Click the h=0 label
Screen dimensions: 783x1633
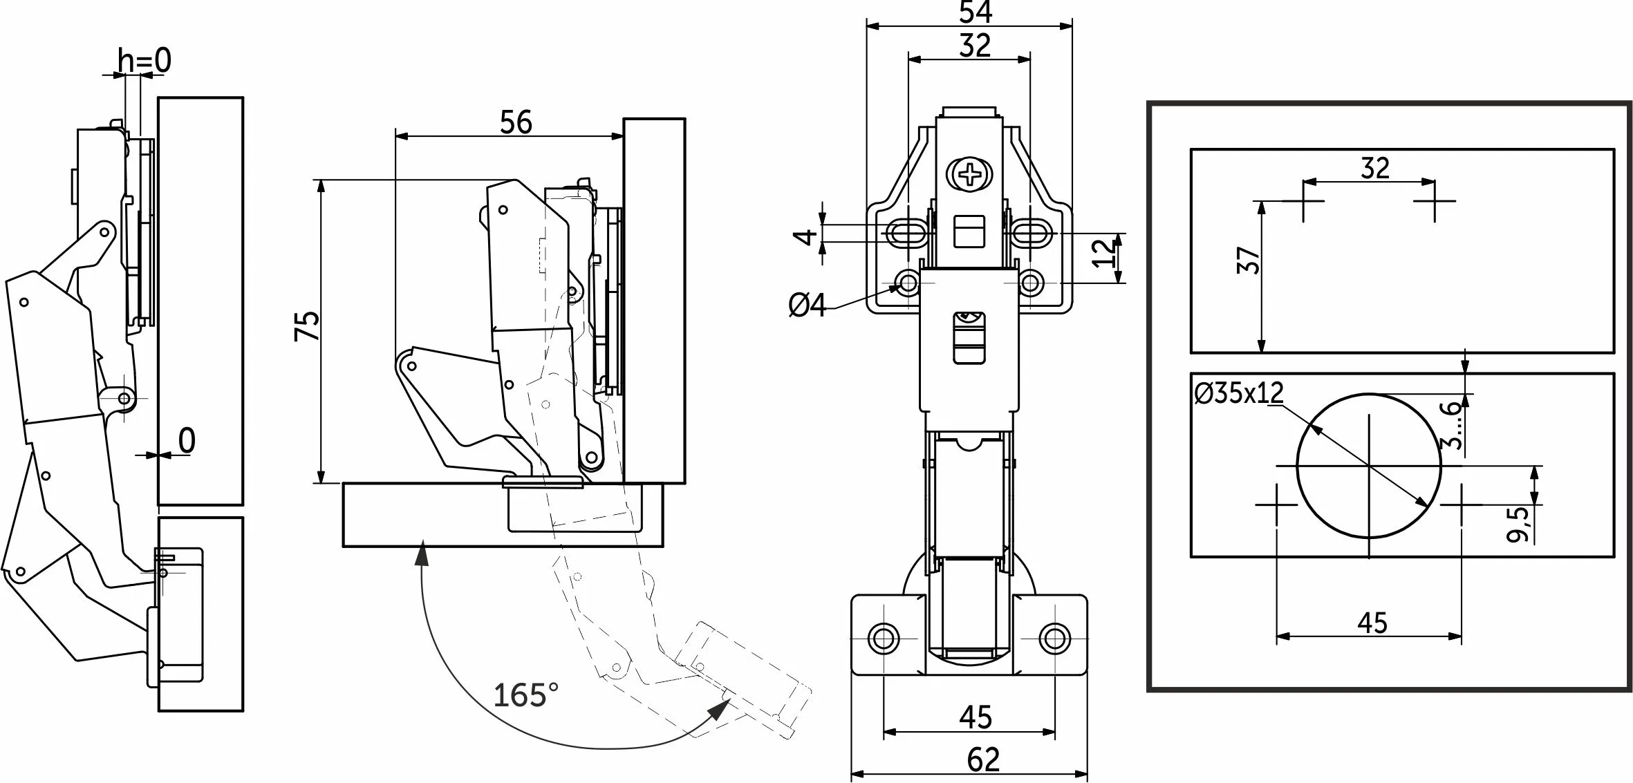tap(144, 62)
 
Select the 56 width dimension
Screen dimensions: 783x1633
tap(516, 122)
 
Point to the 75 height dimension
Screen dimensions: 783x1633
tap(308, 325)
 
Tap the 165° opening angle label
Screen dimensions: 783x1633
tap(525, 695)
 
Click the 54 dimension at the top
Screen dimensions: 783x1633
tap(976, 12)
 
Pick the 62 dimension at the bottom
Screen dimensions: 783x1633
tap(982, 761)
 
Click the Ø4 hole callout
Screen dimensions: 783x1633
tap(808, 305)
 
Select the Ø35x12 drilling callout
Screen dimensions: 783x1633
tap(1238, 393)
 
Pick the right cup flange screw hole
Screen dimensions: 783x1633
tap(1054, 638)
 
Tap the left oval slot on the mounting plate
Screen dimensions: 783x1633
tap(905, 234)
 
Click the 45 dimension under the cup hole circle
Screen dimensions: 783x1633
tap(1372, 623)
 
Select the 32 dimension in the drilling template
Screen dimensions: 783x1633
tap(1374, 168)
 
